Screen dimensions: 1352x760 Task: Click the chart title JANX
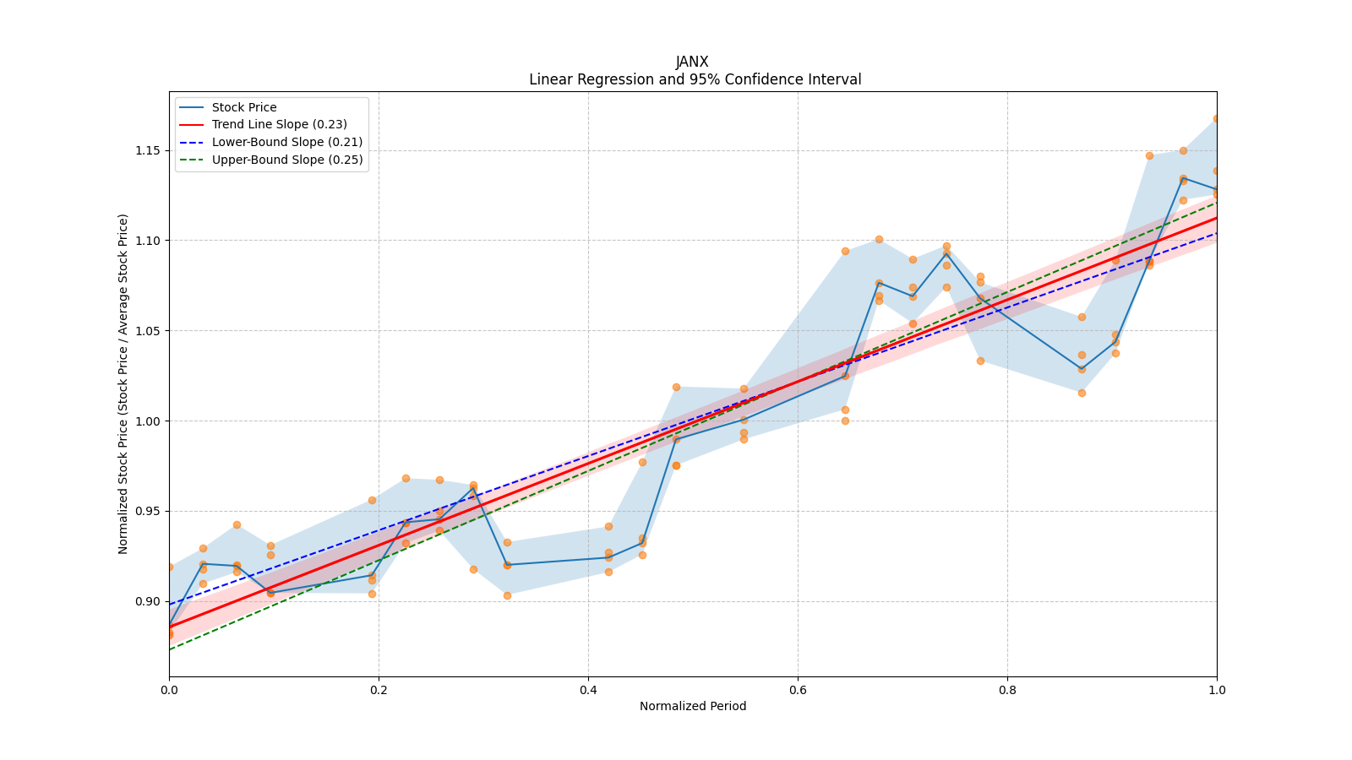click(692, 62)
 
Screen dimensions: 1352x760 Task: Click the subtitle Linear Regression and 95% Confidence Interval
click(695, 79)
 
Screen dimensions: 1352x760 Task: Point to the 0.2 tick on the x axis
click(379, 690)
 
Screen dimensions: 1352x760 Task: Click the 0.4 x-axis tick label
click(588, 690)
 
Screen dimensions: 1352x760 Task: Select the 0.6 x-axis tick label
click(798, 690)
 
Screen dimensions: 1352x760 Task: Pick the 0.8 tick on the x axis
click(1007, 690)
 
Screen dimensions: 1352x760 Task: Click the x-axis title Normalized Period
click(693, 706)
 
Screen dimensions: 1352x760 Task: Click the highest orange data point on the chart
click(1216, 119)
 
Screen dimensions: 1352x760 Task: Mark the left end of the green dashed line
click(170, 649)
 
